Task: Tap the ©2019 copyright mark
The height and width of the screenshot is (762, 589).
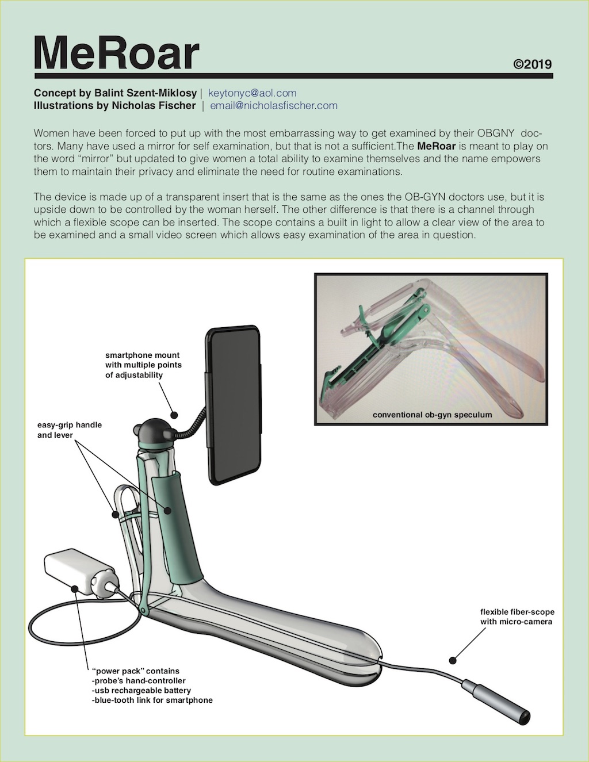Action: (532, 64)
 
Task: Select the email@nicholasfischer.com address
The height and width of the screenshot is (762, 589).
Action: (273, 105)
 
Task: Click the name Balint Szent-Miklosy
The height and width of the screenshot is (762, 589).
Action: (145, 93)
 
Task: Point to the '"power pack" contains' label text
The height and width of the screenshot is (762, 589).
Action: (136, 671)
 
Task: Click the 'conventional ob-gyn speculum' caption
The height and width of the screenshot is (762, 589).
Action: (432, 414)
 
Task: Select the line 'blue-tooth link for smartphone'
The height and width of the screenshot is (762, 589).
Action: (152, 700)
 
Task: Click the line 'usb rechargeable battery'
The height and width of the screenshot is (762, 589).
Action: (141, 690)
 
